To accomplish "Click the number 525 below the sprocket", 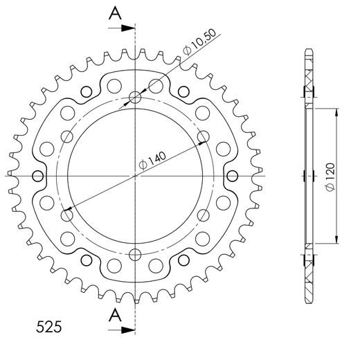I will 47,325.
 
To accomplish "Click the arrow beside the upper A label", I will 125,28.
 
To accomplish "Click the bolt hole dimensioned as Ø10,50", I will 136,99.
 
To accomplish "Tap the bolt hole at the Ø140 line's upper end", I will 203,136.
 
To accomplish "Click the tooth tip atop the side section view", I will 307,52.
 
